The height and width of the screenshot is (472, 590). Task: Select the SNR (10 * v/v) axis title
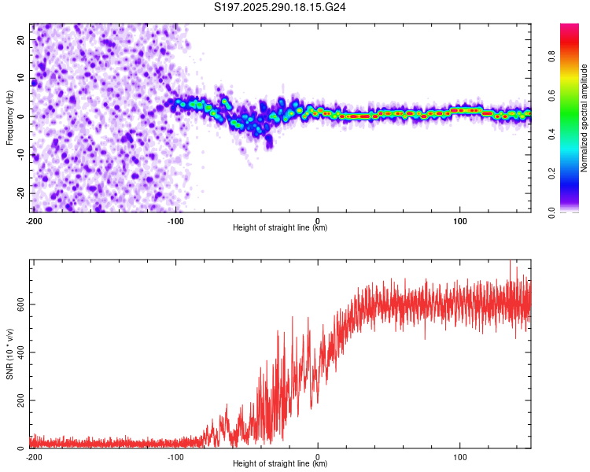pos(9,354)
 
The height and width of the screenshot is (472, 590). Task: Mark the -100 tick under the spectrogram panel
pos(175,219)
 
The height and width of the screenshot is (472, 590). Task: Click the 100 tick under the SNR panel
pos(460,456)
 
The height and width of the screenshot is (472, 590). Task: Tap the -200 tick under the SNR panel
pos(33,456)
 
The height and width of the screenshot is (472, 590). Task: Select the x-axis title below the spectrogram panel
pos(280,227)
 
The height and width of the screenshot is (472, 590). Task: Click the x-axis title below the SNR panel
pos(280,464)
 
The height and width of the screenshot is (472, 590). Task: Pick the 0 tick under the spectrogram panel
pos(318,219)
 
